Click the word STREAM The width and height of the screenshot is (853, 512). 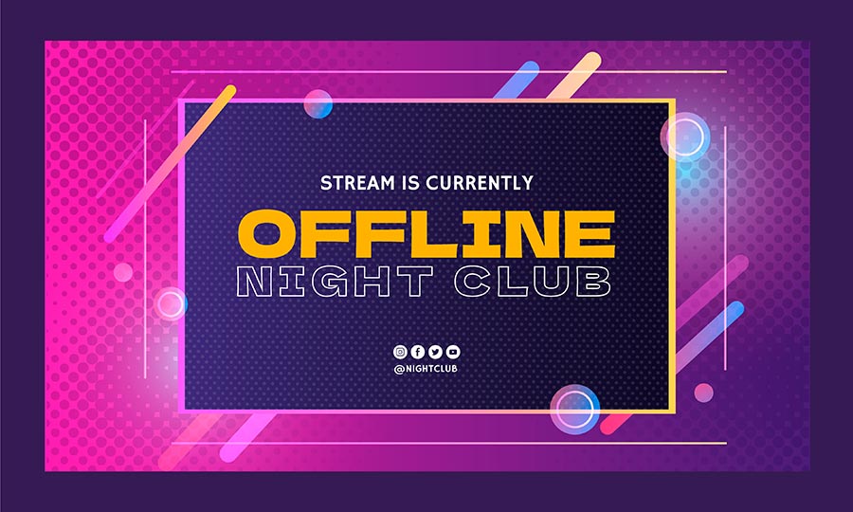[357, 183]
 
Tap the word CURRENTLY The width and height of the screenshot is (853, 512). [480, 183]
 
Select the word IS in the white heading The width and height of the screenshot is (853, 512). [410, 183]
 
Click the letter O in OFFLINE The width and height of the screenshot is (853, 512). [265, 234]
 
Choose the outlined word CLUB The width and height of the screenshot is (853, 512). [532, 282]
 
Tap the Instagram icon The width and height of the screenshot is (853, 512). [400, 352]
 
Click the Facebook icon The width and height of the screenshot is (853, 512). [417, 352]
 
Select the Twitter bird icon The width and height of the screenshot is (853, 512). [435, 352]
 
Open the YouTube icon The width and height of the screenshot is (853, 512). [453, 352]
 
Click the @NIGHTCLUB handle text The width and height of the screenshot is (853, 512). [426, 369]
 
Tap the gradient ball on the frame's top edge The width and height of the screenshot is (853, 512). [318, 104]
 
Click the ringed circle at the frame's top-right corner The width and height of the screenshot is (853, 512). [685, 137]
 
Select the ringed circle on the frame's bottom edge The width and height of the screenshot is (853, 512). [574, 410]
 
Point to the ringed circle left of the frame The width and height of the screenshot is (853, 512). [171, 303]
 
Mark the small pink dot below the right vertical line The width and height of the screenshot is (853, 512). [703, 393]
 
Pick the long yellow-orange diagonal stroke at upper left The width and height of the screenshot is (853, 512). [170, 164]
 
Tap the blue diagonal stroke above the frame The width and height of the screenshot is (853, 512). [517, 80]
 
